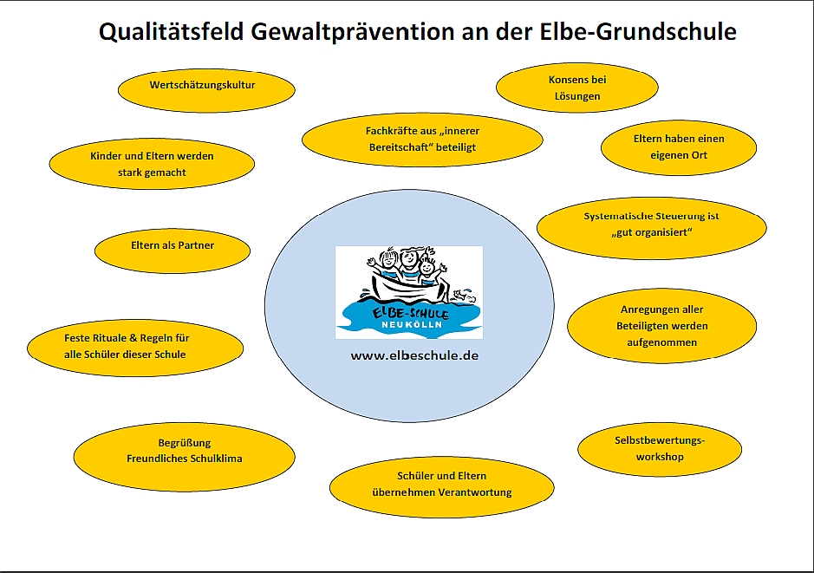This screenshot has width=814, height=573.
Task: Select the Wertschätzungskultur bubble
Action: [x=206, y=90]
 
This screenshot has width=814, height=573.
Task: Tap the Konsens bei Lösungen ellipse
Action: [x=577, y=88]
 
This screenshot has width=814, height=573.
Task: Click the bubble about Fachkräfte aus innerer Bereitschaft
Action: [x=422, y=140]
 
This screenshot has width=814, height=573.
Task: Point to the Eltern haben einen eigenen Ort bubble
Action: [x=679, y=147]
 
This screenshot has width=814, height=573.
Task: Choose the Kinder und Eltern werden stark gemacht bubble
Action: [x=152, y=164]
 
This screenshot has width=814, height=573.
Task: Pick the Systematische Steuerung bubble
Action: [x=652, y=227]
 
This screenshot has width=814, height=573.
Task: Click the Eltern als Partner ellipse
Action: [x=173, y=251]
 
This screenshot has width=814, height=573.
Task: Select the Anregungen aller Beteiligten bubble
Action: [x=662, y=326]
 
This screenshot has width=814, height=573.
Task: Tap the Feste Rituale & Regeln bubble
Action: [x=135, y=348]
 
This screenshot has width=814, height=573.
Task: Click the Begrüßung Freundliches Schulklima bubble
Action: [x=185, y=457]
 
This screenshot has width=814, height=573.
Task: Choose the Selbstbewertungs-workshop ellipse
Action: [x=660, y=449]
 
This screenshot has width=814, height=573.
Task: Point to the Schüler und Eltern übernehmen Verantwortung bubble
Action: [x=442, y=487]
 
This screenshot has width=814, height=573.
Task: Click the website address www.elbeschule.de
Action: [x=414, y=356]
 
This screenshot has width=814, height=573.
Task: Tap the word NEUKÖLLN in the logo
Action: [x=412, y=325]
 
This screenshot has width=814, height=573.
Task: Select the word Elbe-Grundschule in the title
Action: [x=637, y=32]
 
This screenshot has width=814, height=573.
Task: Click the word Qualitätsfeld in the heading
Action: [x=172, y=32]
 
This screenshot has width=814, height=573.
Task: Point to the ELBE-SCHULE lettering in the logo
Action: [x=410, y=313]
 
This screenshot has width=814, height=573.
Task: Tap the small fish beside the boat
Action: [x=464, y=296]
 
